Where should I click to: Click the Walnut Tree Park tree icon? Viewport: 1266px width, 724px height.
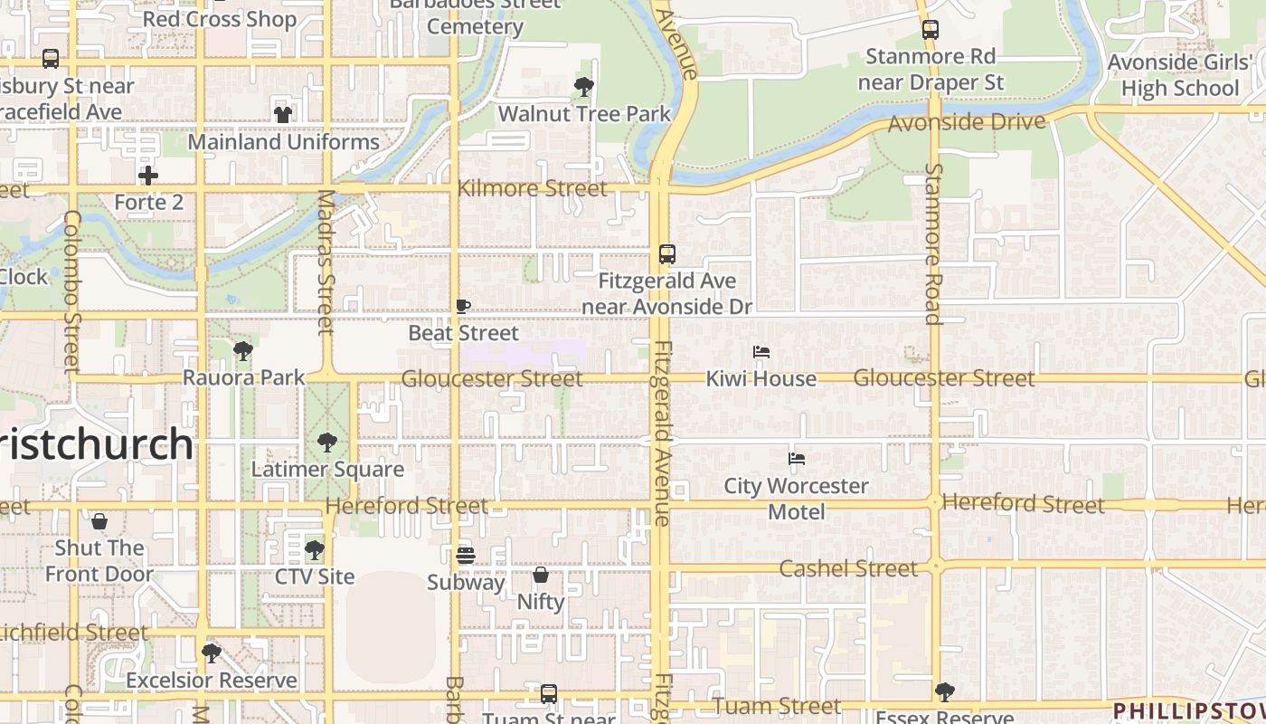(584, 87)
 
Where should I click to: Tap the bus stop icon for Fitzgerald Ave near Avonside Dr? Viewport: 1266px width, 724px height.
(667, 254)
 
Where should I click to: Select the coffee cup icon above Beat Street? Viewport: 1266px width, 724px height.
(462, 307)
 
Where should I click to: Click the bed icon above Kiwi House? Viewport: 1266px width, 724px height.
(761, 352)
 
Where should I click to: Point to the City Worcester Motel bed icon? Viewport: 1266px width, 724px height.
(796, 459)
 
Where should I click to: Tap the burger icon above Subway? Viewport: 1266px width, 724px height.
(465, 555)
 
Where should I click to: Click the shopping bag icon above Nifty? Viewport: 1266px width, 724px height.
(541, 575)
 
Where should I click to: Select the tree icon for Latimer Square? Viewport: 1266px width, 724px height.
(326, 443)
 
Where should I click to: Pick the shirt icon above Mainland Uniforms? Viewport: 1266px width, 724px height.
(283, 115)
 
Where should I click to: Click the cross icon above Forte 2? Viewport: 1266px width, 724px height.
(148, 176)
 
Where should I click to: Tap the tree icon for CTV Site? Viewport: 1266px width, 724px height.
(314, 549)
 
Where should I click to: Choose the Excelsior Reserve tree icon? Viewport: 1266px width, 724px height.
(212, 653)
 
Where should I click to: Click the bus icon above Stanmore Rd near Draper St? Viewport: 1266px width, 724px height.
(930, 30)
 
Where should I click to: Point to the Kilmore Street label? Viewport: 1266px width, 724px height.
(533, 188)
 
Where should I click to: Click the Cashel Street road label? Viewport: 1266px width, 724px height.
(848, 568)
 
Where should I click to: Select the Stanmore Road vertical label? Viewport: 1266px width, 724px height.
(933, 243)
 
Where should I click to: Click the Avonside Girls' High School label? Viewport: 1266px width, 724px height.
(1179, 75)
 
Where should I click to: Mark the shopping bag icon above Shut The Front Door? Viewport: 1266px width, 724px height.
(99, 521)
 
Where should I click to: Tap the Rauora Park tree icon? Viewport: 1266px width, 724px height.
(242, 351)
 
